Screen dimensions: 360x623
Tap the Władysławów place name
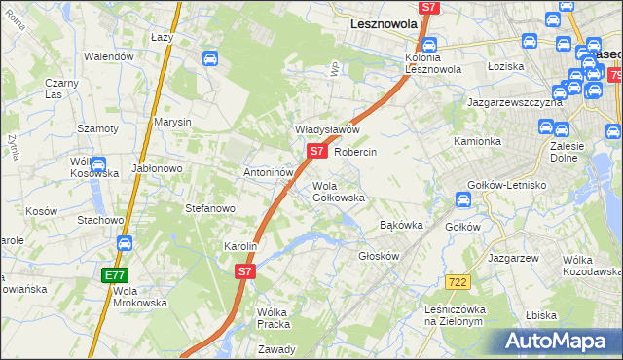click(328, 129)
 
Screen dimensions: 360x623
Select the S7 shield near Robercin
click(316, 152)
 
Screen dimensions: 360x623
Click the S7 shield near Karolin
click(245, 273)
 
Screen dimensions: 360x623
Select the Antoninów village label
click(269, 172)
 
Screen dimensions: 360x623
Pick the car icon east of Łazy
click(209, 58)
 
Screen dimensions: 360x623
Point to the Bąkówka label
click(400, 225)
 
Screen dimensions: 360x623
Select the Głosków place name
click(380, 256)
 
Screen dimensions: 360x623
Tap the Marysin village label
click(171, 122)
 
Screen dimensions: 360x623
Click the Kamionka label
click(477, 141)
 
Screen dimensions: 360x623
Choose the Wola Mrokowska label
click(140, 296)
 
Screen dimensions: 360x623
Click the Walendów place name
click(108, 57)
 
